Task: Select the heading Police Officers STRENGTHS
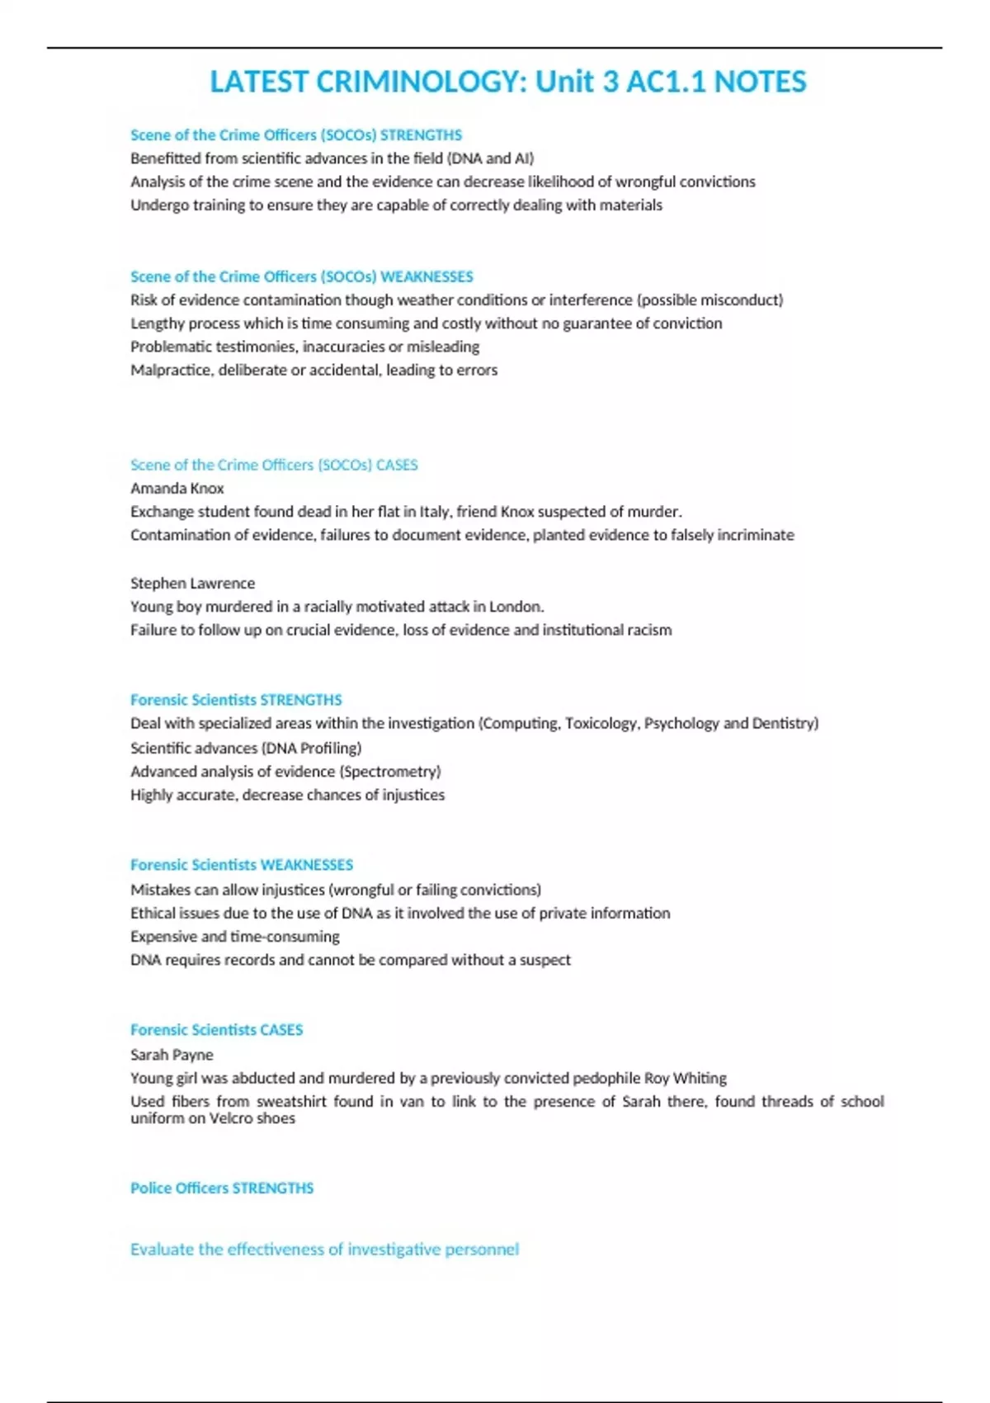tap(222, 1188)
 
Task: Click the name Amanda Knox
tap(177, 488)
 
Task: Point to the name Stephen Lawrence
tap(192, 583)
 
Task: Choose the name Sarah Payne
tap(172, 1054)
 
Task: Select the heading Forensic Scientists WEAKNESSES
tap(242, 864)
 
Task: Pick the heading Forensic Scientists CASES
tap(217, 1029)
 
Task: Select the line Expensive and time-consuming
tap(235, 936)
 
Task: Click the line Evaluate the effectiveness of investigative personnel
tap(324, 1249)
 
